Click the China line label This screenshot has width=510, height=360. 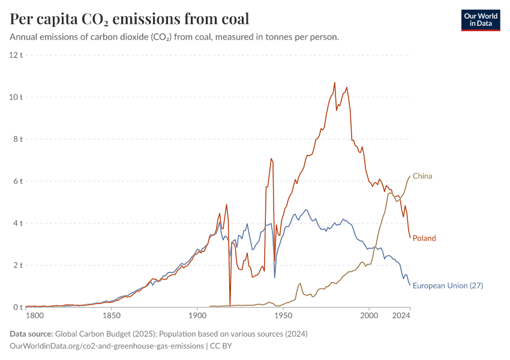pos(422,176)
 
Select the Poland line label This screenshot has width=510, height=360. pos(424,238)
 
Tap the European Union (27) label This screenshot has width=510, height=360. pos(448,286)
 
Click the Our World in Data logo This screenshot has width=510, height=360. pos(480,20)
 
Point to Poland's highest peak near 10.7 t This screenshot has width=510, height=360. pos(335,83)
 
